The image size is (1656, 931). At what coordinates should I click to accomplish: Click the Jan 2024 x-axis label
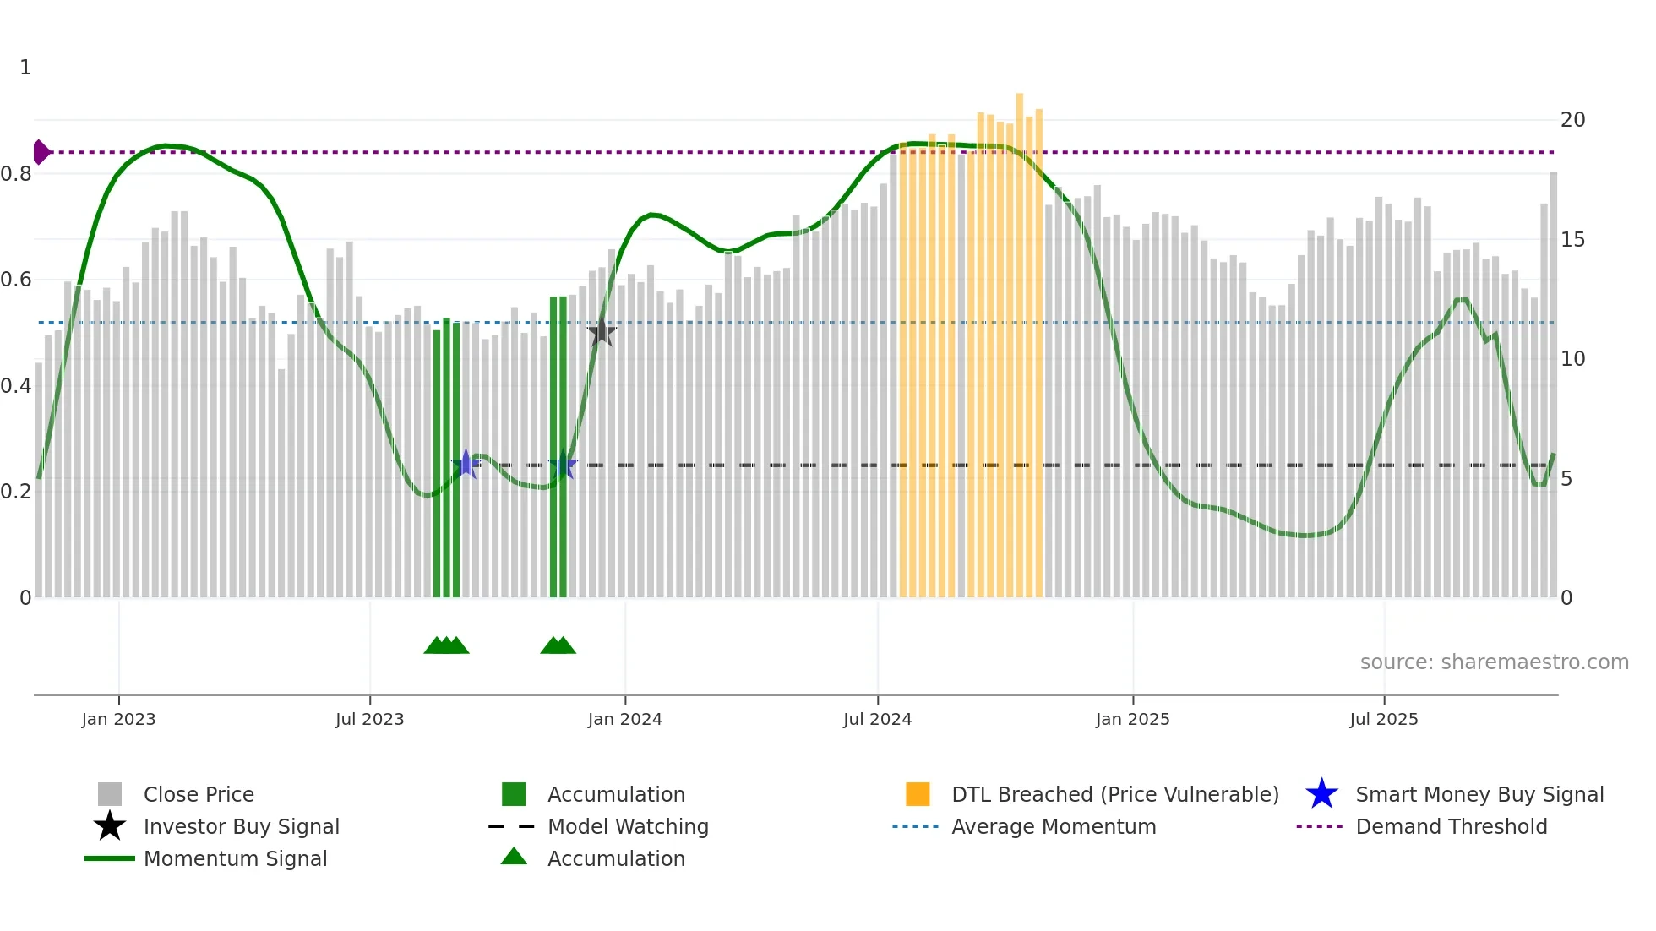[624, 720]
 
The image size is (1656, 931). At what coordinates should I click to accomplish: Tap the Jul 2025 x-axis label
[1383, 720]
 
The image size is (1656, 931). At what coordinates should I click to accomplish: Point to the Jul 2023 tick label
[369, 720]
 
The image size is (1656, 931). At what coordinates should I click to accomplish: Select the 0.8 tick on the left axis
[16, 174]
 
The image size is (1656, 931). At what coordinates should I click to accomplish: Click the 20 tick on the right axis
[1572, 120]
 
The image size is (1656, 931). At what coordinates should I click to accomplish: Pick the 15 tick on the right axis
[1572, 240]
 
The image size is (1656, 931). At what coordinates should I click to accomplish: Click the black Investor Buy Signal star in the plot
[602, 332]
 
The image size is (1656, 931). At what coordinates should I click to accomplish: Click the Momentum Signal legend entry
[235, 859]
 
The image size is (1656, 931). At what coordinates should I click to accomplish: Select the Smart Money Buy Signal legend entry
[1479, 795]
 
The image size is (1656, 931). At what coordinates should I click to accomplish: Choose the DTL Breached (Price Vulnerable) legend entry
[1114, 795]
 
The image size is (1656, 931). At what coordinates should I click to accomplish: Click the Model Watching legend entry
[627, 827]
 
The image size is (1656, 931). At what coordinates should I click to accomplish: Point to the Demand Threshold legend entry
[1451, 827]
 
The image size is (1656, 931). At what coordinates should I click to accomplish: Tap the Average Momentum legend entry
[1053, 827]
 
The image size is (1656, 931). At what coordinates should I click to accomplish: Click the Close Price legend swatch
[110, 795]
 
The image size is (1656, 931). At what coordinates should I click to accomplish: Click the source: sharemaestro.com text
[1494, 662]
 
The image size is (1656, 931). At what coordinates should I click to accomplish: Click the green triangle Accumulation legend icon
[514, 857]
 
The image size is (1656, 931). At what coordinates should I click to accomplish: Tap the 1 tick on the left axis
[25, 68]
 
